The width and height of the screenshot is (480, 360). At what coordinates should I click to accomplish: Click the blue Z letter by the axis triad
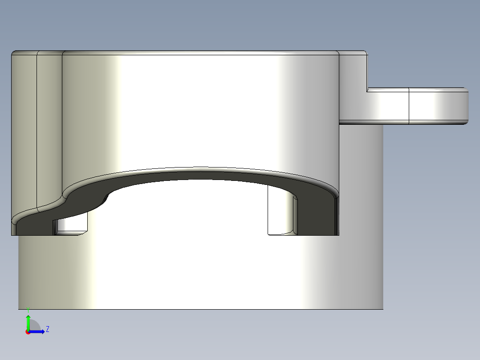pos(47,329)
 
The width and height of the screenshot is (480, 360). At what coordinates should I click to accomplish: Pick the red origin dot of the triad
pos(28,332)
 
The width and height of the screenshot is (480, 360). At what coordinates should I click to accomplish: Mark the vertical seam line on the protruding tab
pos(409,106)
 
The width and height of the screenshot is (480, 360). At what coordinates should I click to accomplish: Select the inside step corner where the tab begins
pos(367,90)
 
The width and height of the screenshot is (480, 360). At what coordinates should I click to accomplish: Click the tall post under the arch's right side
pos(281,212)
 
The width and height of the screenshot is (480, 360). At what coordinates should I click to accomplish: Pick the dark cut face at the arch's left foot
pos(36,225)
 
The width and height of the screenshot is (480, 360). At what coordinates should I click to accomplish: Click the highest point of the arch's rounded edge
pos(200,169)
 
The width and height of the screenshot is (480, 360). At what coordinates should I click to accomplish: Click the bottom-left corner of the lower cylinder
pos(19,309)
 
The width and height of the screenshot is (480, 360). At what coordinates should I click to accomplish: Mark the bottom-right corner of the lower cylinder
pos(382,309)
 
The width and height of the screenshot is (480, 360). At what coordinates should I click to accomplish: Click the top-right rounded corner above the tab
pos(365,53)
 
